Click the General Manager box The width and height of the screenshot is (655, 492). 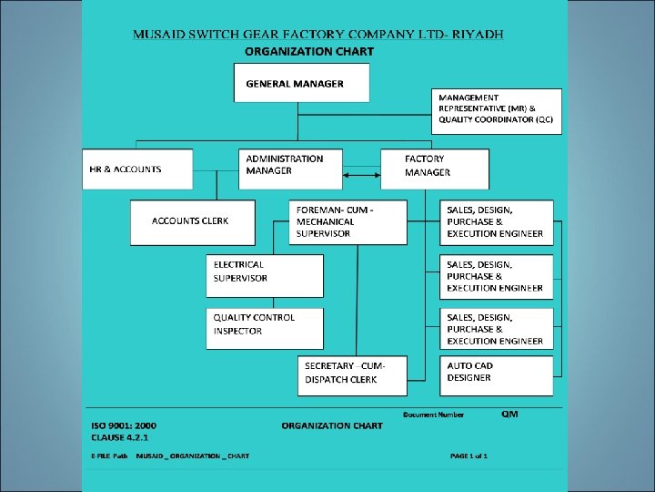click(x=302, y=83)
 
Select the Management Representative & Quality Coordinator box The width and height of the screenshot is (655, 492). click(x=496, y=109)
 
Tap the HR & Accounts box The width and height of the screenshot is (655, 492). click(x=137, y=169)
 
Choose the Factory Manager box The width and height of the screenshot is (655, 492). click(x=434, y=169)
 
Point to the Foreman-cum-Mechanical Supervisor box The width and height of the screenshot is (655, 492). click(x=348, y=222)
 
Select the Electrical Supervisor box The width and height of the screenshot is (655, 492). click(x=265, y=275)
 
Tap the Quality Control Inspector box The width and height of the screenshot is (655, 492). click(x=265, y=328)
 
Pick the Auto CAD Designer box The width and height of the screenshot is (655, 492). click(x=497, y=374)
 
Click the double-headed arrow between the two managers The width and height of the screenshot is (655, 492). click(x=361, y=174)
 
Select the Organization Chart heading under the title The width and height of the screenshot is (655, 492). click(x=309, y=51)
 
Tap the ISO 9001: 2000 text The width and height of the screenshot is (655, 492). click(x=124, y=425)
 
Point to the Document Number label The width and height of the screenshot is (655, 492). click(x=433, y=415)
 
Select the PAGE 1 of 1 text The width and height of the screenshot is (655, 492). click(x=469, y=456)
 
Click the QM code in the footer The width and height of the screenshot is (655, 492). click(x=509, y=414)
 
